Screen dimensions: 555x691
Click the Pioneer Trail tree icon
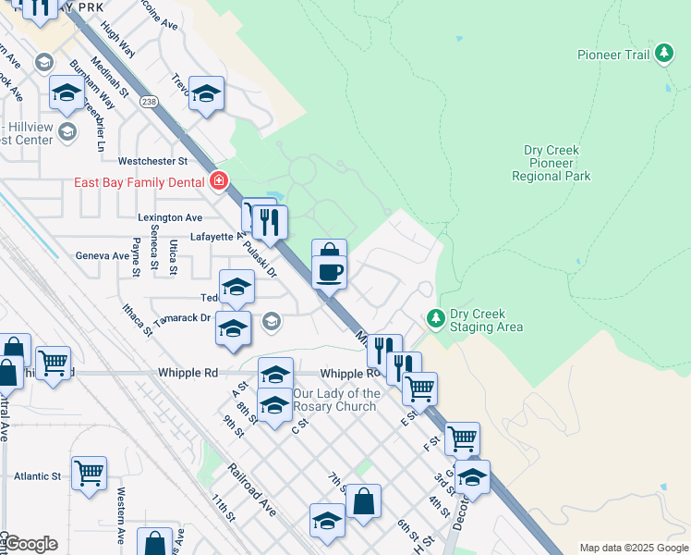(x=663, y=55)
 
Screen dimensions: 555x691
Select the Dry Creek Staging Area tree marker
(x=436, y=318)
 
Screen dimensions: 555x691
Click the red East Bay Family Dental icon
(x=218, y=181)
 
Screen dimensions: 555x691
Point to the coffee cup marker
(x=330, y=271)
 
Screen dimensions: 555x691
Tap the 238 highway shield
(x=147, y=101)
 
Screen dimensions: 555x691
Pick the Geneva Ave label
(x=103, y=256)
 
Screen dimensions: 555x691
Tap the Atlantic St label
(x=37, y=476)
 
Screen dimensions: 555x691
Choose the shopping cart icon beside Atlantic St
(x=89, y=474)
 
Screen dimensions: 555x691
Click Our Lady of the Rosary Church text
(x=335, y=400)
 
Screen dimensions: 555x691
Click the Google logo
(x=30, y=544)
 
